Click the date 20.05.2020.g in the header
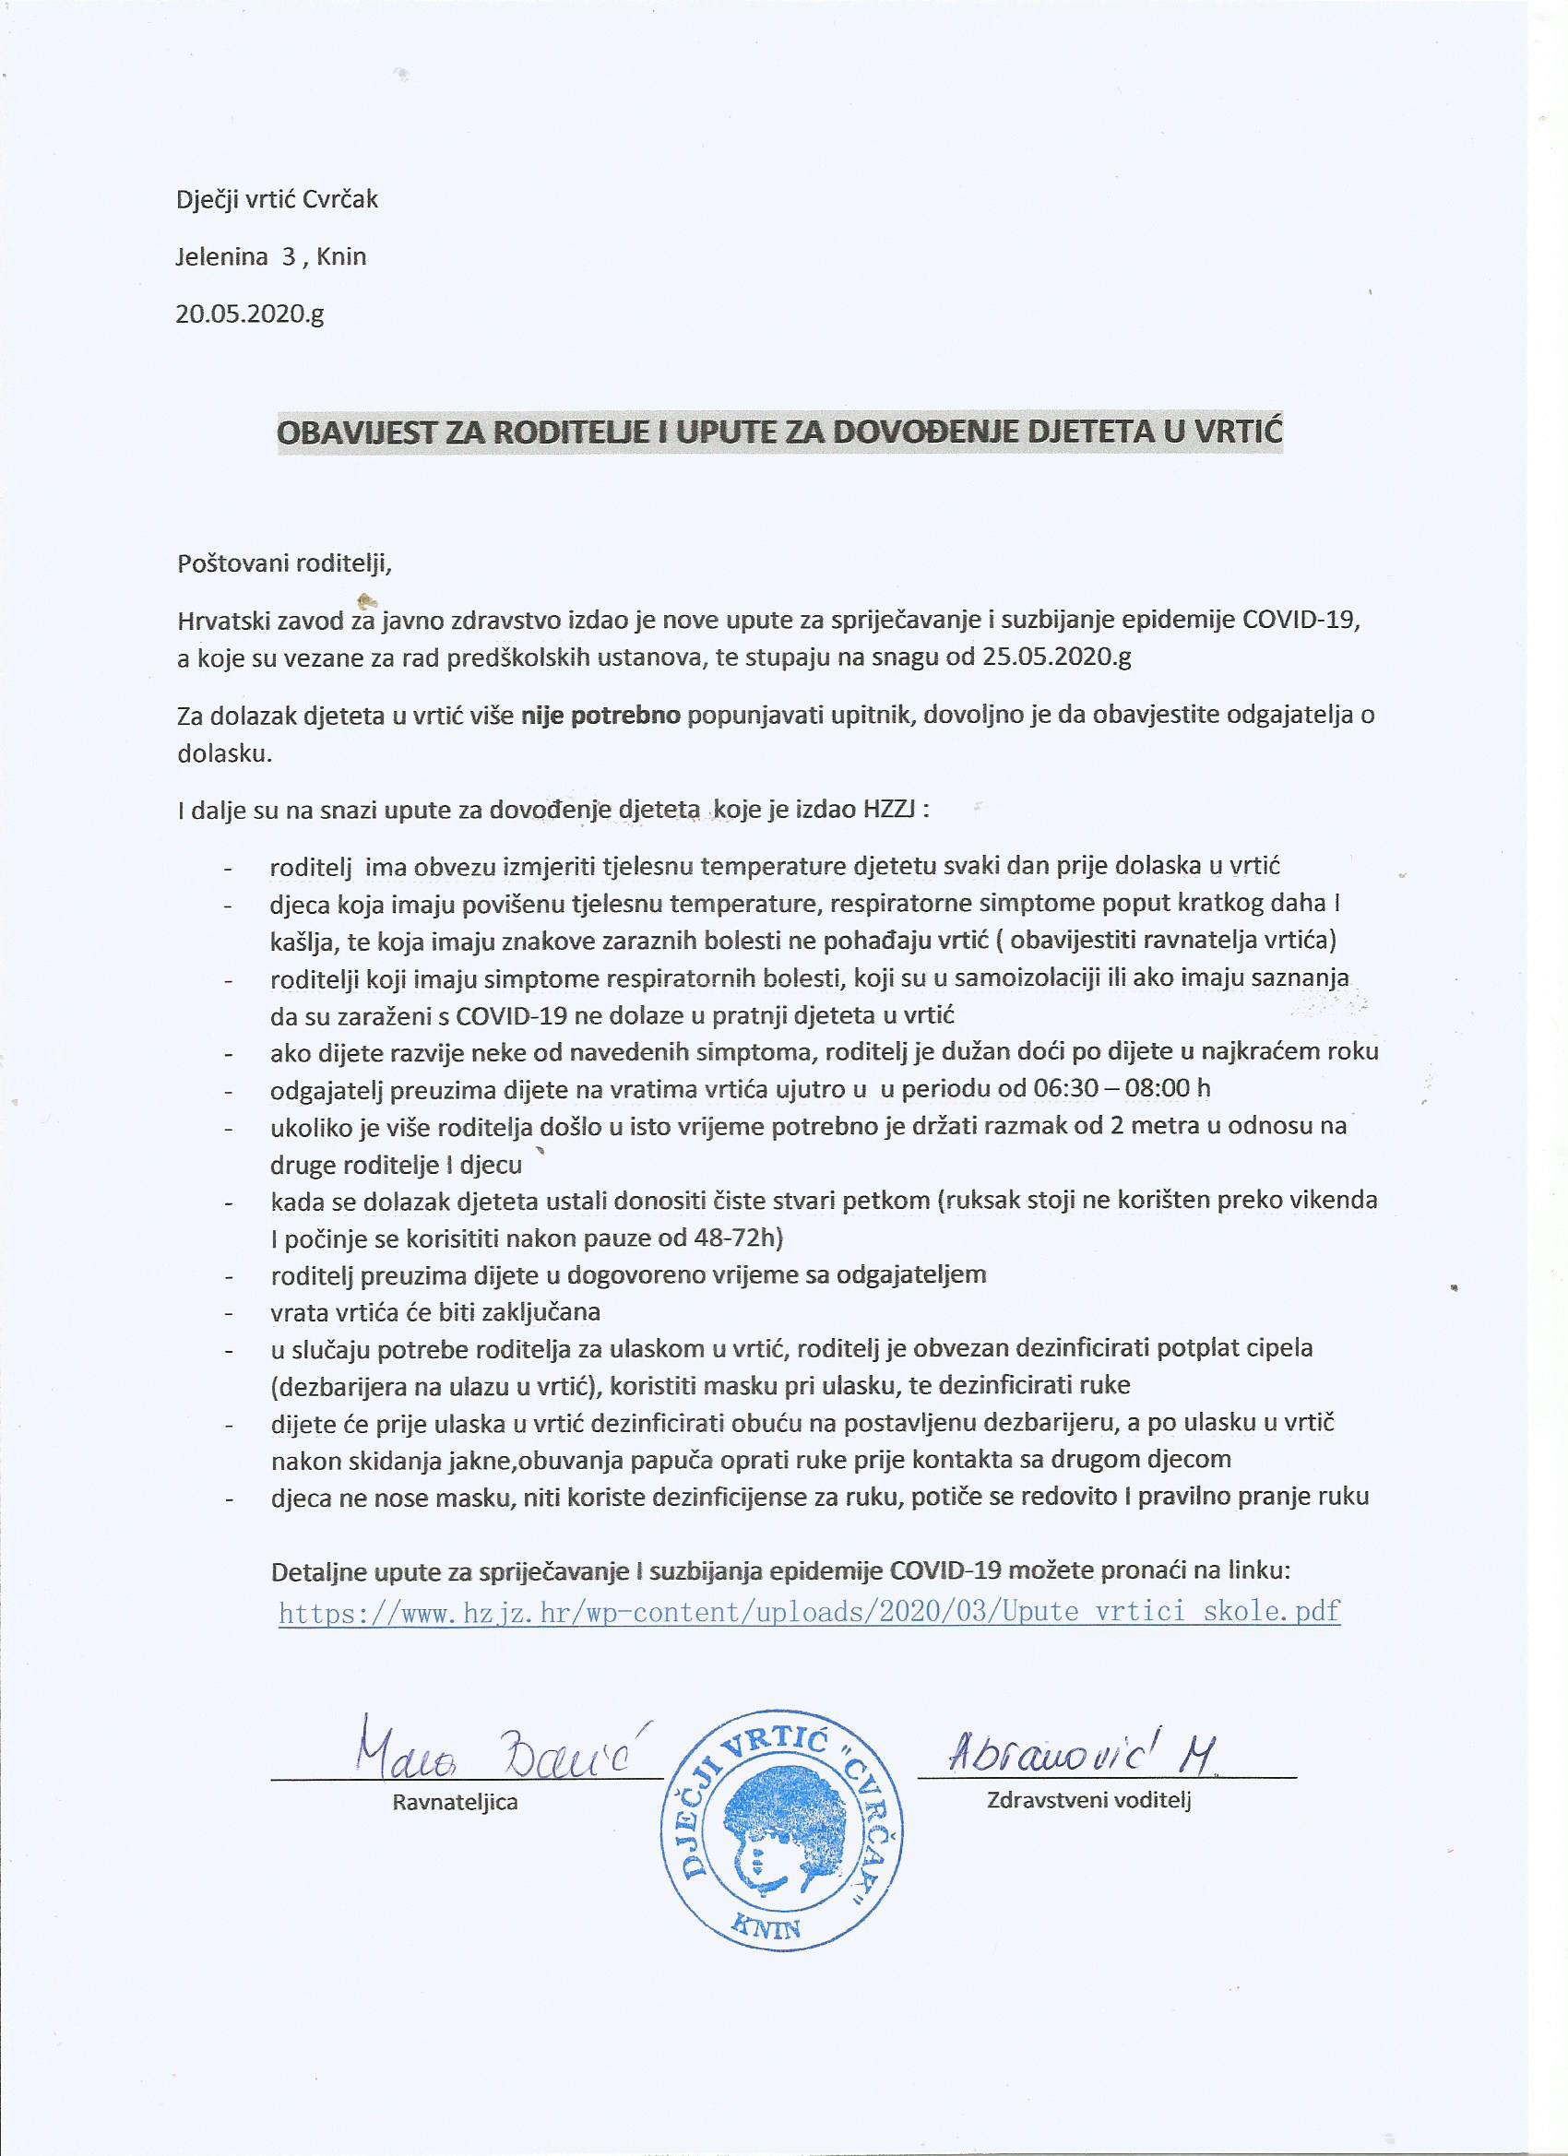[x=249, y=314]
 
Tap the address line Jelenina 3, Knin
[x=271, y=256]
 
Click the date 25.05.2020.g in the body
[x=1052, y=658]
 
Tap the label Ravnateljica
[x=455, y=1801]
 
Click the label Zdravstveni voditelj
[x=1088, y=1799]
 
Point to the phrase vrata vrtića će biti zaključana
[x=434, y=1312]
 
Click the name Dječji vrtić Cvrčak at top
[x=278, y=199]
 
